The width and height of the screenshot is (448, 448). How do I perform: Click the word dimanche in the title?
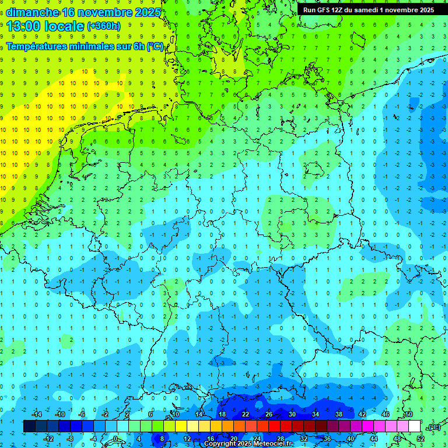pos(32,12)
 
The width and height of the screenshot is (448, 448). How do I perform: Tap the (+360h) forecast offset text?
pos(104,26)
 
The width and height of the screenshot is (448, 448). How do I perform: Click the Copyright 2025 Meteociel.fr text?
pos(249,444)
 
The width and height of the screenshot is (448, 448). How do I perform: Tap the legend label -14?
pos(36,414)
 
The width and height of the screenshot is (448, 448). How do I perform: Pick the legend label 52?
pos(421,439)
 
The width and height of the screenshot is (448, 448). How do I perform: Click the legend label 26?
pos(269,414)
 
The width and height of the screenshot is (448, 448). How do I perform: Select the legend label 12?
pos(187,439)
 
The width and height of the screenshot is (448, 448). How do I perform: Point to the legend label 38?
pos(339,414)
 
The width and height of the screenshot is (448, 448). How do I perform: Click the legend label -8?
pos(71,439)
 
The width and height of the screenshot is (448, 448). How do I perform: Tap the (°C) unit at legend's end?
pos(433,427)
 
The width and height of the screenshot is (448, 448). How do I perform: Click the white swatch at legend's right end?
pos(414,426)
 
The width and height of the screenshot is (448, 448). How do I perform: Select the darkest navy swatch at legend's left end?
pos(29,426)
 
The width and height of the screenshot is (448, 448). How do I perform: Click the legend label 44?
pos(374,439)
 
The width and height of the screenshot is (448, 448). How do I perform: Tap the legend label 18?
pos(222,414)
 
